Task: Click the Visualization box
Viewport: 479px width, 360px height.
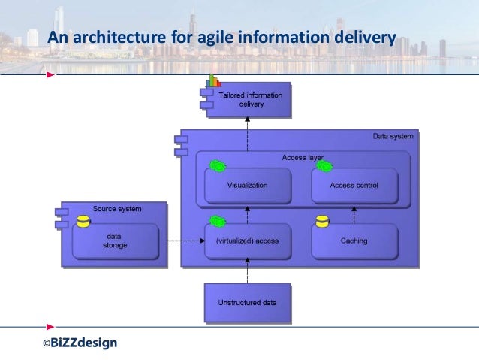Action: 247,185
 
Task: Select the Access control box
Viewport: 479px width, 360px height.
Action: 354,185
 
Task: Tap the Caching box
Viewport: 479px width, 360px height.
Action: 354,241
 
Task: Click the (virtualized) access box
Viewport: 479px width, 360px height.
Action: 247,241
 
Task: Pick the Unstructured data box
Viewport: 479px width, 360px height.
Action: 247,303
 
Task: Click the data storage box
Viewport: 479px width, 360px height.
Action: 116,241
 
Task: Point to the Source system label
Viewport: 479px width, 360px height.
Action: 117,208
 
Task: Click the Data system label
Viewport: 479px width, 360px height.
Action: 393,137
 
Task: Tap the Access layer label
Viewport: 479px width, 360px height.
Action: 303,158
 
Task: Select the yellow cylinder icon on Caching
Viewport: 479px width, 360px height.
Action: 322,222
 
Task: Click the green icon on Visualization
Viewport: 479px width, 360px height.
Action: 217,165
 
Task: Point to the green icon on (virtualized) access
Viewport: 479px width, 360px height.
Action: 217,222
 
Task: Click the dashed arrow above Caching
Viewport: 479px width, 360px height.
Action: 354,214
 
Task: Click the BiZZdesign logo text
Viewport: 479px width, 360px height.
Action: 79,343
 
